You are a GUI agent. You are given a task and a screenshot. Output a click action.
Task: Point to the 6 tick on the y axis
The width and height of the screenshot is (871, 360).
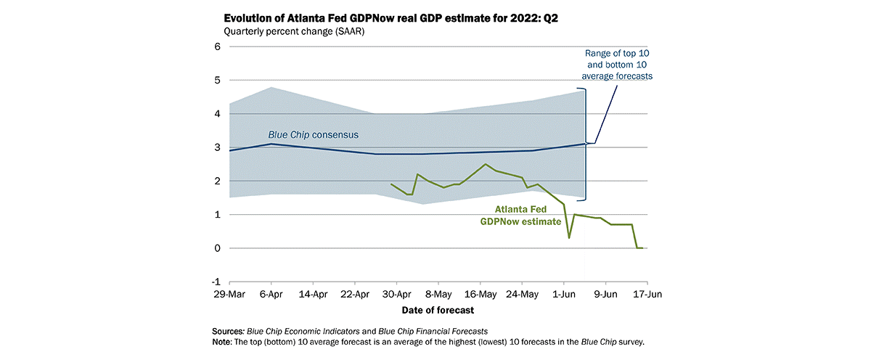coord(216,47)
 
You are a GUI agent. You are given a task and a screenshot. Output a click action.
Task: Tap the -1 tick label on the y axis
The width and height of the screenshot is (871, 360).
coord(215,282)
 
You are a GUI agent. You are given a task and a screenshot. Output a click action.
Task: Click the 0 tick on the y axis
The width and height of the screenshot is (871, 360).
coord(216,248)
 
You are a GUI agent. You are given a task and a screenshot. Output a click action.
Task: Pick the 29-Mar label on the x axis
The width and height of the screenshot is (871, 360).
coord(229,295)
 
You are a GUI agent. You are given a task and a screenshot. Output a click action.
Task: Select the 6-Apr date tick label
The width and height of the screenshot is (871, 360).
coord(271,295)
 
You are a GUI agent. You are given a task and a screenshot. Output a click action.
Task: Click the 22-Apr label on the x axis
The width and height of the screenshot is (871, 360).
coord(355,295)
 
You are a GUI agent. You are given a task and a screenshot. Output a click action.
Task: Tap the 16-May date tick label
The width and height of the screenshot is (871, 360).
coord(480,295)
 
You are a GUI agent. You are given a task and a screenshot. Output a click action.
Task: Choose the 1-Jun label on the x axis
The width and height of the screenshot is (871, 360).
coord(563,295)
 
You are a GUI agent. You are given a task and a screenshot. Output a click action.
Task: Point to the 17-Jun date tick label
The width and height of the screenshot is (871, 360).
coord(647,295)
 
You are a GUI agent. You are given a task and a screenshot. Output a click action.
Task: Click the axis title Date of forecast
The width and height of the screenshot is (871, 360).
coord(438,310)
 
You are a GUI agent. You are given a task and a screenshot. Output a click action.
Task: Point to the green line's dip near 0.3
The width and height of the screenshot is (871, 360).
coord(569,237)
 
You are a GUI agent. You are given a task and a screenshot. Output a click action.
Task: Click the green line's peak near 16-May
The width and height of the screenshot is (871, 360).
coord(486,164)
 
